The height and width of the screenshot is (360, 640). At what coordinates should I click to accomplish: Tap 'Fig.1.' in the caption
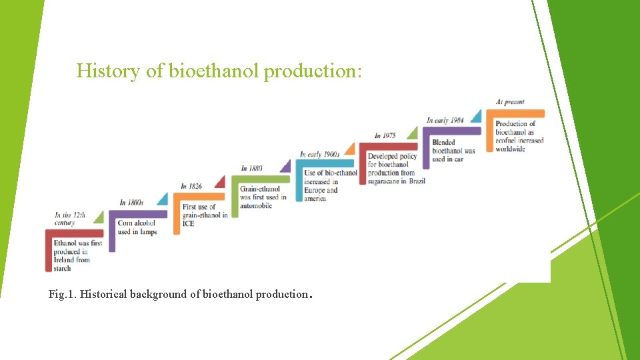point(63,294)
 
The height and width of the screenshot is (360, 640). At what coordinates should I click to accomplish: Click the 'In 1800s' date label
point(131,203)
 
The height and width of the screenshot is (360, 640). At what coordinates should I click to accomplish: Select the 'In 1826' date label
point(191,186)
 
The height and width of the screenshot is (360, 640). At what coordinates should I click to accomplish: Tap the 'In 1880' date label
point(251,168)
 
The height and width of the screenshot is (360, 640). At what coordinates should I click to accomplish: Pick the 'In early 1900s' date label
point(319,155)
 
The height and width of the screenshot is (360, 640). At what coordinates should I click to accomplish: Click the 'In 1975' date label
point(385,135)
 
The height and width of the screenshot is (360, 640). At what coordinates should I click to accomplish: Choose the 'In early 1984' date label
point(445,120)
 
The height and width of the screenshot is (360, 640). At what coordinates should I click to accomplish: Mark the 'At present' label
point(510,102)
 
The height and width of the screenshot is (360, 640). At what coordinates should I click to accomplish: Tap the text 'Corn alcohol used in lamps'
point(137,227)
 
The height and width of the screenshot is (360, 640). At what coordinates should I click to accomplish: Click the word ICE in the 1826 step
point(188,223)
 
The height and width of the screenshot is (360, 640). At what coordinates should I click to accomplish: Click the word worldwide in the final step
point(510,149)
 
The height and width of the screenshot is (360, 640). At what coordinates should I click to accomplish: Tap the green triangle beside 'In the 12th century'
point(99,217)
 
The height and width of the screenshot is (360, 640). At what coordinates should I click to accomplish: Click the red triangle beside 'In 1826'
point(219,182)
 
